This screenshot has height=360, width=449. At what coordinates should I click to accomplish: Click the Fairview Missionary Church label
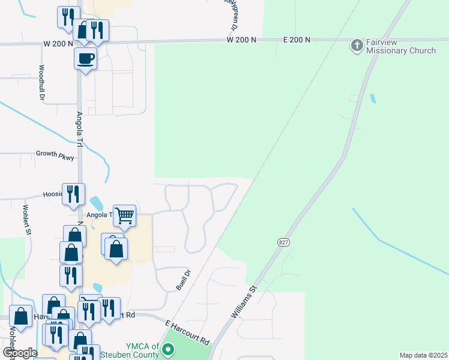[x=401, y=47]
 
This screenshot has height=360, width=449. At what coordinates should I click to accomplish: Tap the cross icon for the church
[x=357, y=46]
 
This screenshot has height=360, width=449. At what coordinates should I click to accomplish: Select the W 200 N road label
[x=241, y=40]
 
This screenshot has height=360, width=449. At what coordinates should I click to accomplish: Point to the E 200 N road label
[x=297, y=40]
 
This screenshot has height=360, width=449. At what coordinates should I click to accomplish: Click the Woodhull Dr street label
[x=42, y=83]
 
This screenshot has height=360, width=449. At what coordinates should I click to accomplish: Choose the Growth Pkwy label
[x=55, y=154]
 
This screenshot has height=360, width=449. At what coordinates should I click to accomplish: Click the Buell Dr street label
[x=184, y=280]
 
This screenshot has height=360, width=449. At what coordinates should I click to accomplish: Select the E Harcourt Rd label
[x=188, y=332]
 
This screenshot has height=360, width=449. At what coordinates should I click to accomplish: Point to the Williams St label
[x=244, y=301]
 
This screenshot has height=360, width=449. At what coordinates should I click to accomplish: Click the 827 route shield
[x=283, y=242]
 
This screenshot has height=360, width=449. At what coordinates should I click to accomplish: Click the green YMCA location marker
[x=169, y=349]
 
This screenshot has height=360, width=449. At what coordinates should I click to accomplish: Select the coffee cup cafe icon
[x=85, y=59]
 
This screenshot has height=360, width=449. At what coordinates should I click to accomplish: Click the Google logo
[x=20, y=353]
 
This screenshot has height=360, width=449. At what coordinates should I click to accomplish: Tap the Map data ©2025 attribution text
[x=424, y=355]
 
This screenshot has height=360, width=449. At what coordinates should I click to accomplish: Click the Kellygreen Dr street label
[x=230, y=15]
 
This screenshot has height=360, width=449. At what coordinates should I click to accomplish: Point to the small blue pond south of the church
[x=373, y=98]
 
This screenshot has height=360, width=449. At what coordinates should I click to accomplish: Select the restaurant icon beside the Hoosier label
[x=73, y=193]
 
